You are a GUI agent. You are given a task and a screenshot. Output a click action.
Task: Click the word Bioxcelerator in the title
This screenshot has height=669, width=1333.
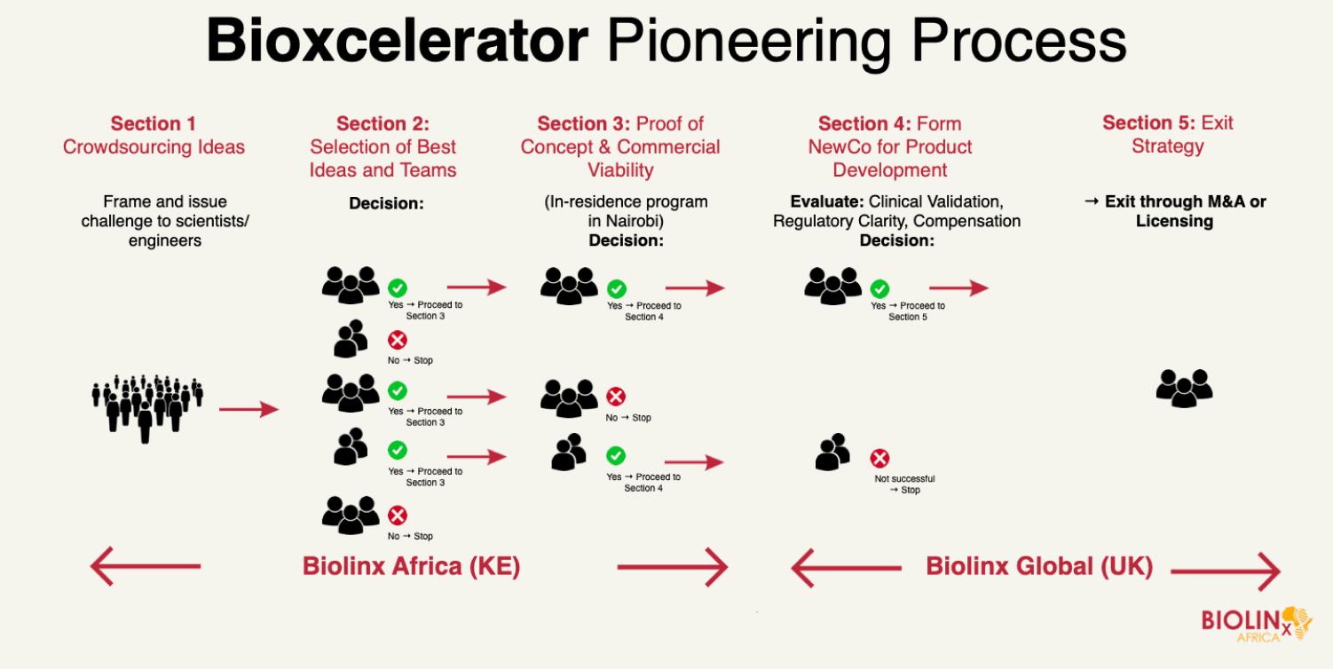(x=397, y=41)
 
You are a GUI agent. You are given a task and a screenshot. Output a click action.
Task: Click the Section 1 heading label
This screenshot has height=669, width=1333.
(x=154, y=124)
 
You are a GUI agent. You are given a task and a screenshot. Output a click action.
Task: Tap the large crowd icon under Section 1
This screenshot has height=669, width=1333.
(x=147, y=407)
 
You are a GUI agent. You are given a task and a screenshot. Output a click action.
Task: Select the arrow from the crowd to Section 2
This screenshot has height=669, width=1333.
(x=248, y=409)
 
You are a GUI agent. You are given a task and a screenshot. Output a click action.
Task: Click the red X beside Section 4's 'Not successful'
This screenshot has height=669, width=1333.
(x=879, y=459)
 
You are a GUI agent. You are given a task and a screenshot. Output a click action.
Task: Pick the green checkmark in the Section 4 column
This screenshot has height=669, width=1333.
(x=879, y=288)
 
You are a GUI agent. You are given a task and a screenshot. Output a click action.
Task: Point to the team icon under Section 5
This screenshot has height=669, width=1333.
(x=1184, y=388)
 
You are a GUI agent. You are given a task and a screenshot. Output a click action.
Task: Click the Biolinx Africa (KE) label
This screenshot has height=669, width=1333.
(x=411, y=566)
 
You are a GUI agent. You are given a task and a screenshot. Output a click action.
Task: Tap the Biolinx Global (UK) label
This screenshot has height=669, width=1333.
(x=1039, y=566)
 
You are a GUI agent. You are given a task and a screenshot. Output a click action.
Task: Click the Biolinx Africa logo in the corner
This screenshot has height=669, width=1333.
(x=1256, y=623)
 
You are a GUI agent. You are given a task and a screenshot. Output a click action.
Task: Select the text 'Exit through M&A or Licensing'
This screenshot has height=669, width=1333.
(x=1174, y=211)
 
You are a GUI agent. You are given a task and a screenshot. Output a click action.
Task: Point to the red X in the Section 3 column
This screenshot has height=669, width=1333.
(x=615, y=397)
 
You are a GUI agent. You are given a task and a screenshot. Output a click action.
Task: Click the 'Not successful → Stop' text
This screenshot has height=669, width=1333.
(x=904, y=484)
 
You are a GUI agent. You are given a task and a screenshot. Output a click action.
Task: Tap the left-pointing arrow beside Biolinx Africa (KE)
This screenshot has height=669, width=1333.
(x=146, y=566)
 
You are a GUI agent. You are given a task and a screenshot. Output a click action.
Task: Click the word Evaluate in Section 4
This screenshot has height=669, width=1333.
(x=826, y=202)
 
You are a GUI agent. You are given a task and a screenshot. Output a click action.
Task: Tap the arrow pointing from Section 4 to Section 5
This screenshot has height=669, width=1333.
(x=958, y=288)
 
